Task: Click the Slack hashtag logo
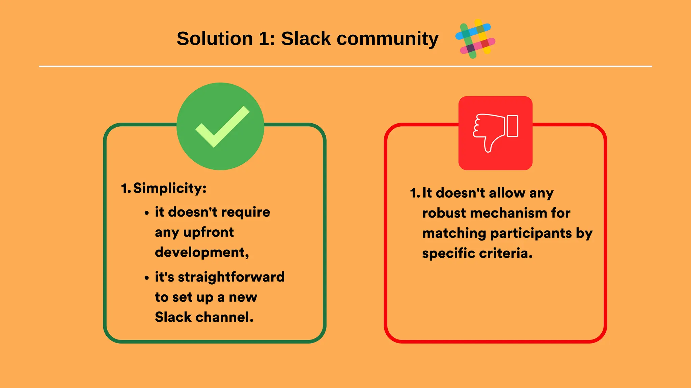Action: pos(475,39)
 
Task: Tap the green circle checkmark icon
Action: pos(220,126)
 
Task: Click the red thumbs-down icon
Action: pos(495,133)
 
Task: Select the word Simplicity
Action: pos(169,188)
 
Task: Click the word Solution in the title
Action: pos(215,38)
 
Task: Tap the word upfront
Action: pos(208,232)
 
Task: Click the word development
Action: pos(201,252)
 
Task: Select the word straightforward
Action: pos(231,277)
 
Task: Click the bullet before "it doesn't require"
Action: pos(146,213)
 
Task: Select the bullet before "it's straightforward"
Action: pos(146,278)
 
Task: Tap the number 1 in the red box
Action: pos(413,193)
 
